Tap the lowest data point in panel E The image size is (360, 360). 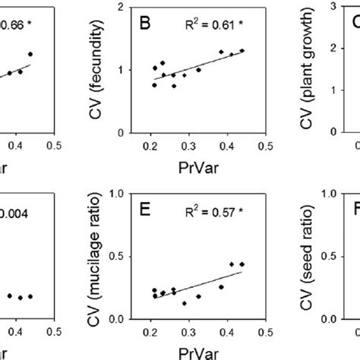pos(226,303)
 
